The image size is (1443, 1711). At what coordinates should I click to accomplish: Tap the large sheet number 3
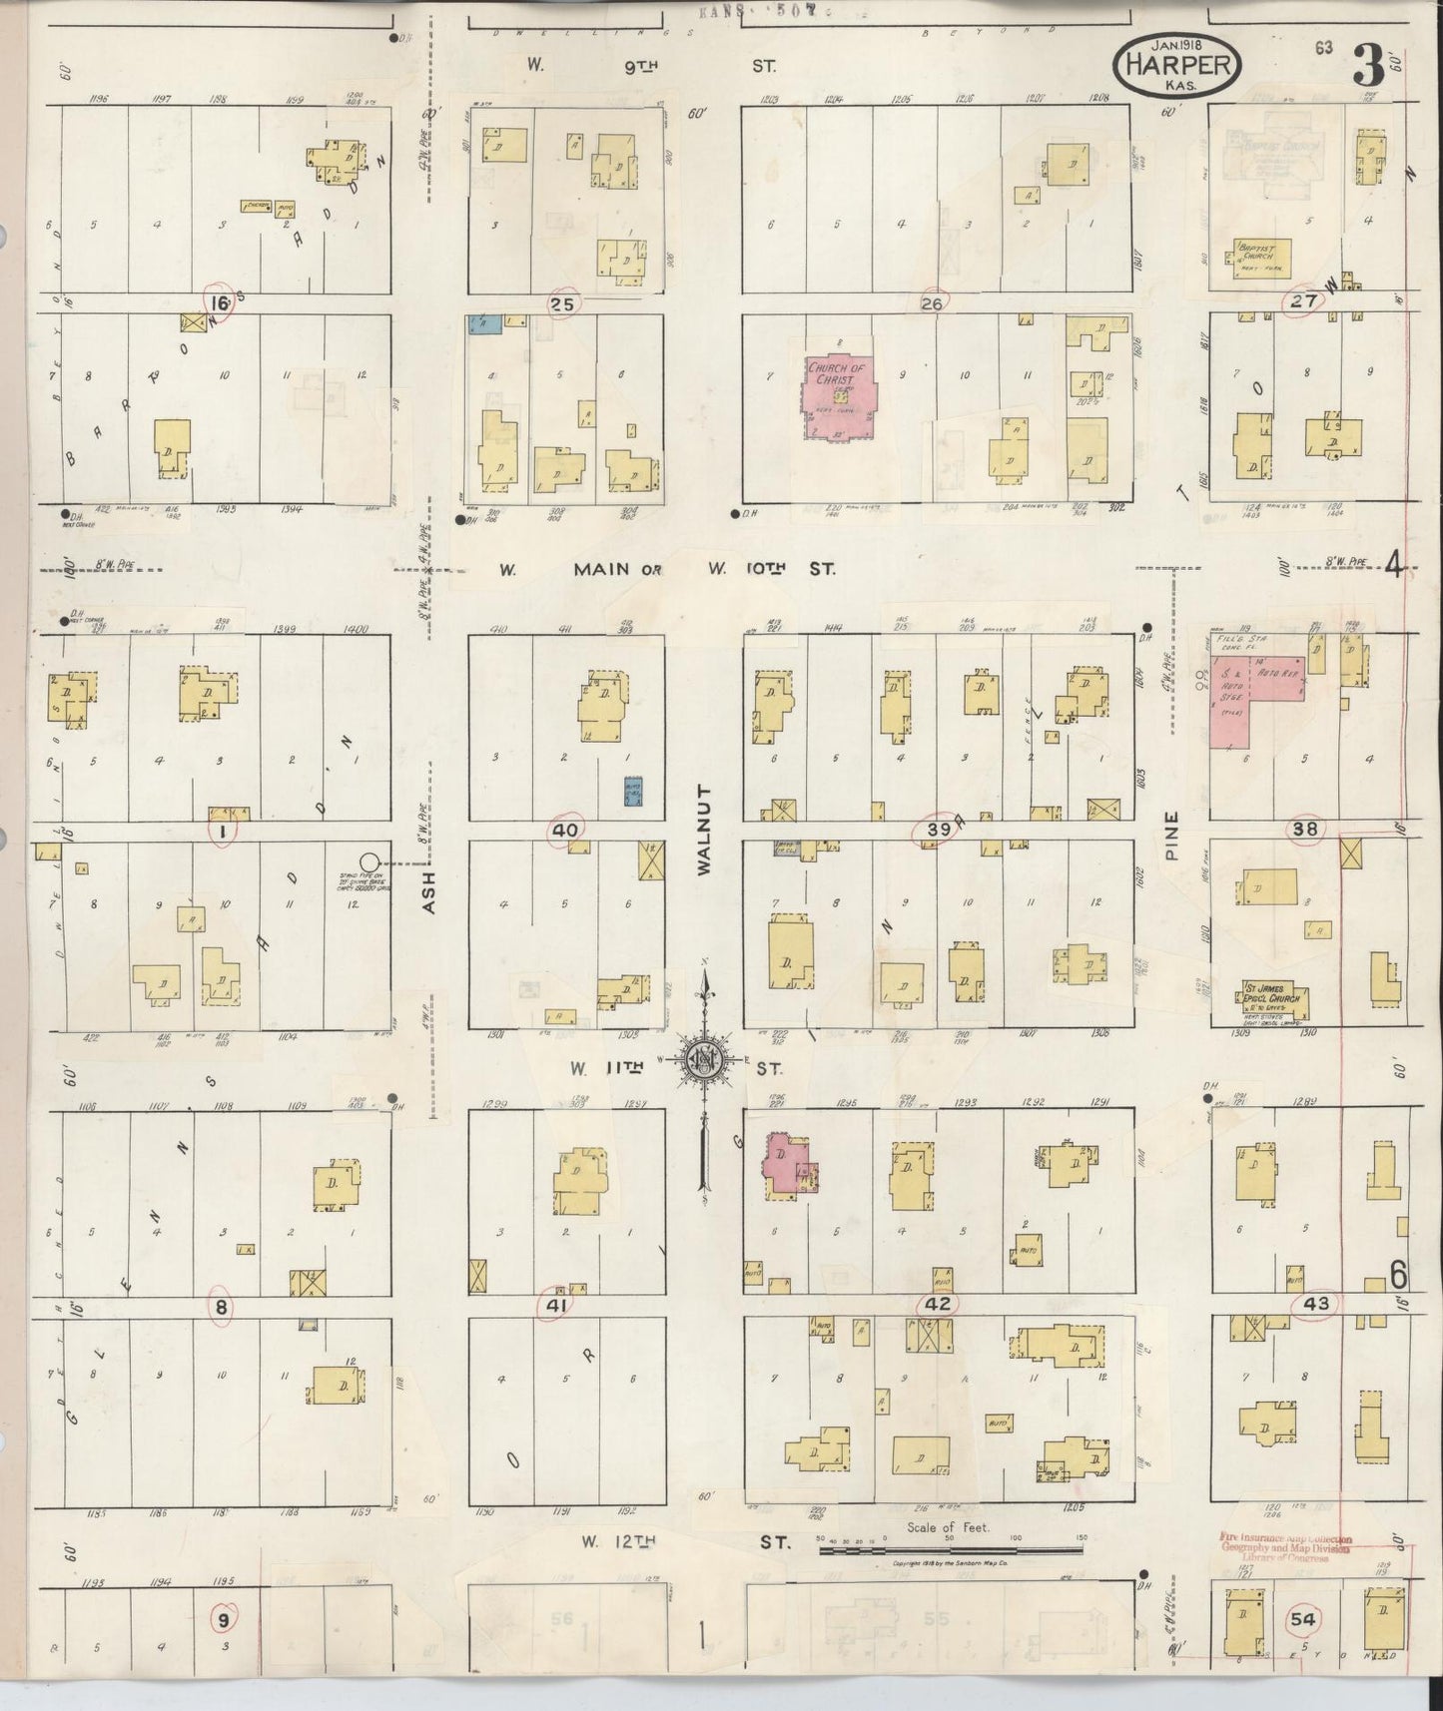[x=1367, y=68]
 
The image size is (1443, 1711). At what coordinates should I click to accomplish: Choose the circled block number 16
[x=219, y=302]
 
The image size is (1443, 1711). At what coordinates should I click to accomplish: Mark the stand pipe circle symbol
[x=369, y=860]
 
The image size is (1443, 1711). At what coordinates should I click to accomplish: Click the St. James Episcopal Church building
[x=1274, y=1000]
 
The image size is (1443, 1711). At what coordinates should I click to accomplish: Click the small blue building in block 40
[x=632, y=792]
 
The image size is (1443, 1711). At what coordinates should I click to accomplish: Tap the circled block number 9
[x=224, y=1618]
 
